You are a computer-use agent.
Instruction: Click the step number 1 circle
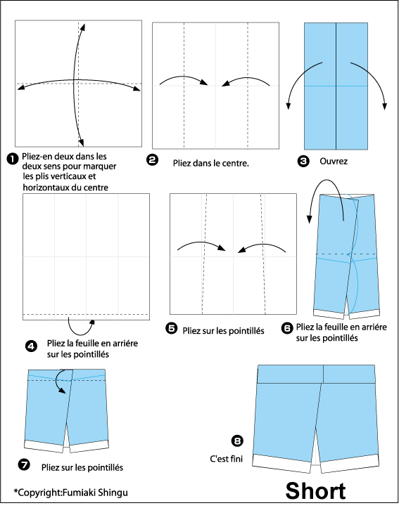(13, 159)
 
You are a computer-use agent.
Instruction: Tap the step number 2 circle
(152, 159)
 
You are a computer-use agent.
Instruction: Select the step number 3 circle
(303, 162)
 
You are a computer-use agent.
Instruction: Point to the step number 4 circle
(31, 346)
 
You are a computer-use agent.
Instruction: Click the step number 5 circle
(171, 329)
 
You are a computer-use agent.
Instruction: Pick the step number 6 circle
(287, 328)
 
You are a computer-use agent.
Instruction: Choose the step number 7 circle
(24, 466)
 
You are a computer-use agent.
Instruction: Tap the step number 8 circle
(237, 441)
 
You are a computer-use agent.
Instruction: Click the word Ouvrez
(334, 162)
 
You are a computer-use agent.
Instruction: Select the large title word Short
(316, 491)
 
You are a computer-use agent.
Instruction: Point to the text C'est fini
(226, 459)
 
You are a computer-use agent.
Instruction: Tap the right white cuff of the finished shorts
(350, 464)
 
